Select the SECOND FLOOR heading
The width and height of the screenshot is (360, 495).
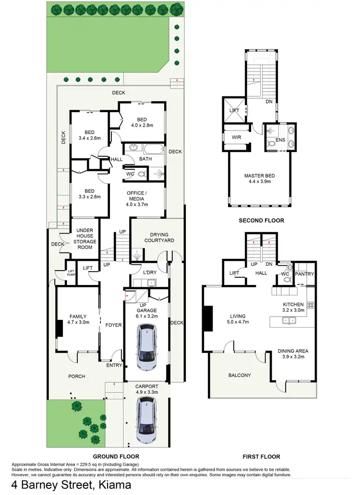[262, 221]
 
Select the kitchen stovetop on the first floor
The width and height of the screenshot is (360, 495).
[310, 304]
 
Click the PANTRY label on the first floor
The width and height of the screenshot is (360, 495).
[305, 274]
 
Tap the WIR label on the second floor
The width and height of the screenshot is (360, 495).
[236, 137]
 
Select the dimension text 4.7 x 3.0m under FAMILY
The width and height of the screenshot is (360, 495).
[78, 323]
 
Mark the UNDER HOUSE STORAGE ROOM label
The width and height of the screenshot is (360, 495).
[84, 238]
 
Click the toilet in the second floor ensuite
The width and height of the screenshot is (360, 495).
[272, 142]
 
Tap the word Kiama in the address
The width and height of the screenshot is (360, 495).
[115, 485]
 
